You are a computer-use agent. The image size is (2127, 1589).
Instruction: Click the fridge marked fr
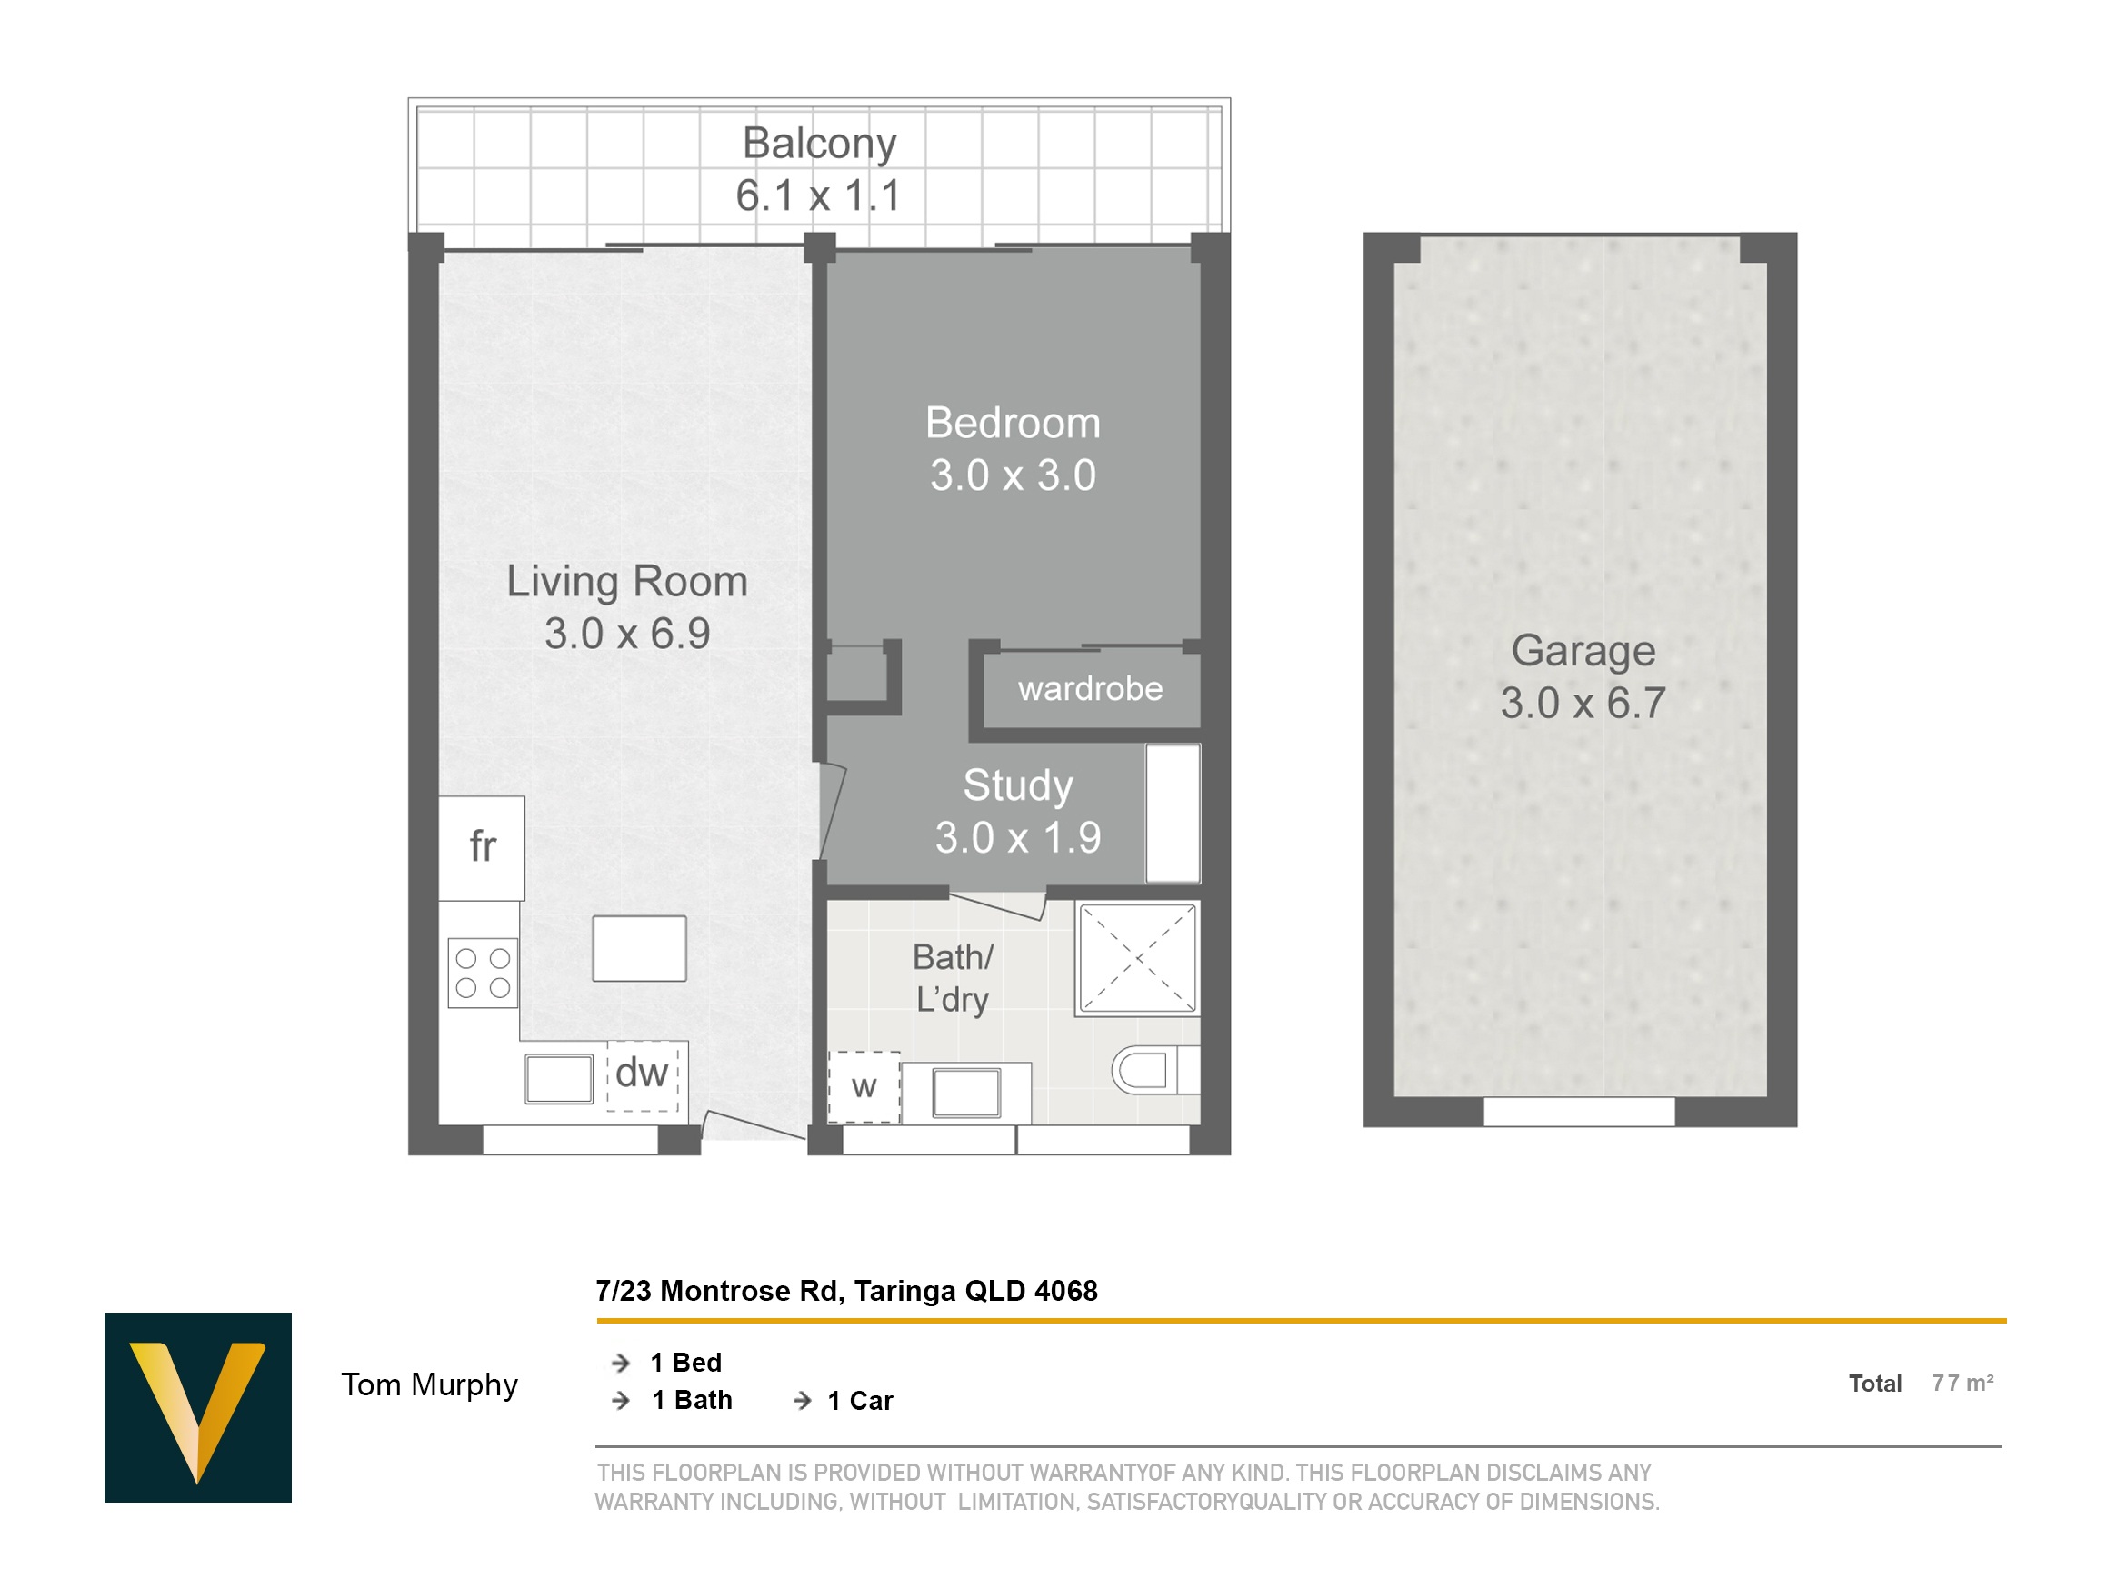coord(482,848)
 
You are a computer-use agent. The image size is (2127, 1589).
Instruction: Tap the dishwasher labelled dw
coord(643,1076)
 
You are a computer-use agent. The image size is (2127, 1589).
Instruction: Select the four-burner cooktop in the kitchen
coord(483,974)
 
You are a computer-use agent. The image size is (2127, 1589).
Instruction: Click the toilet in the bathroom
coord(1154,1070)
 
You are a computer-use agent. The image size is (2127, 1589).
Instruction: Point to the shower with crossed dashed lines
coord(1137,958)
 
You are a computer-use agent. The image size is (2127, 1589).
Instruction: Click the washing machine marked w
coord(864,1087)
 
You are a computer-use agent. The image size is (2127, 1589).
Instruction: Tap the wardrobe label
coord(1091,689)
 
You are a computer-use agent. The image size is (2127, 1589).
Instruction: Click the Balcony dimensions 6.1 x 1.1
coord(818,195)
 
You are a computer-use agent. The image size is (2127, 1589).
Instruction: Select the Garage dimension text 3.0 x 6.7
coord(1583,703)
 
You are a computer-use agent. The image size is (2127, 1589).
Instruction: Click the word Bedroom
coord(1013,424)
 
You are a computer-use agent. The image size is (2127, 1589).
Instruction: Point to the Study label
coord(1018,785)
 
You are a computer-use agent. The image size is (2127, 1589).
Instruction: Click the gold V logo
coord(198,1407)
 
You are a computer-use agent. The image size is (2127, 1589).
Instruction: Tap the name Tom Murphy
coord(430,1384)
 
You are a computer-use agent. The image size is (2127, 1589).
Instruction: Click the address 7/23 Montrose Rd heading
coord(847,1291)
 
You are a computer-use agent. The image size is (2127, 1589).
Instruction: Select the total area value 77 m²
coord(1962,1384)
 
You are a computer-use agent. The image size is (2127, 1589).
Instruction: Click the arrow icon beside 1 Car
coord(802,1402)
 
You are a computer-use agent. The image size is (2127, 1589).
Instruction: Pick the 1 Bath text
coord(693,1401)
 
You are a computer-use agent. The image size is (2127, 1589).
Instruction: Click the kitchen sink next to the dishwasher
coord(560,1079)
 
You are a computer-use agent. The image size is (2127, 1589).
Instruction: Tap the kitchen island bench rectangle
coord(639,948)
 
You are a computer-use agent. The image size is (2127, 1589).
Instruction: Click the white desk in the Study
coord(1173,814)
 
